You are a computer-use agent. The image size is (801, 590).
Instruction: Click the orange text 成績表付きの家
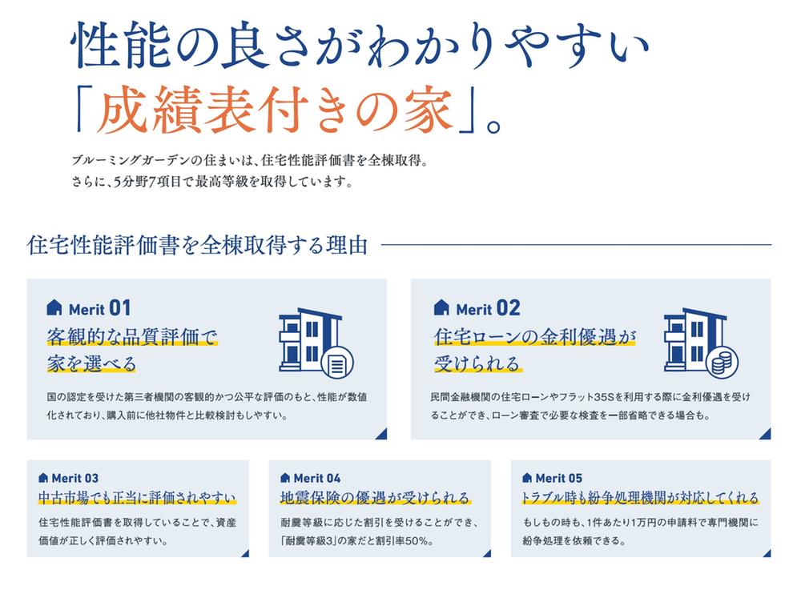(276, 109)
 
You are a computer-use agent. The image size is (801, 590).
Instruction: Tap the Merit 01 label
(99, 308)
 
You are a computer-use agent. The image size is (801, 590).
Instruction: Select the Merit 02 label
(488, 308)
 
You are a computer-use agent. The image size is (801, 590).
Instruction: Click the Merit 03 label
(75, 478)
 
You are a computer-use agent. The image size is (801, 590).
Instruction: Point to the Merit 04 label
(317, 478)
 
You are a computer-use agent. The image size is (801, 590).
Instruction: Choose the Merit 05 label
(559, 478)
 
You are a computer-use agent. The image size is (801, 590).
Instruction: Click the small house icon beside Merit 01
(54, 307)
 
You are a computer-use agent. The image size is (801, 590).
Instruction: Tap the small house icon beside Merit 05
(527, 478)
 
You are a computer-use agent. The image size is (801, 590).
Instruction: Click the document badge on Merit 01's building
(338, 362)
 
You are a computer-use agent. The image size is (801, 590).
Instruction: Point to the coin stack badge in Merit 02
(722, 362)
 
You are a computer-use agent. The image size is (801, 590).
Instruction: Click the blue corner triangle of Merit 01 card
(382, 435)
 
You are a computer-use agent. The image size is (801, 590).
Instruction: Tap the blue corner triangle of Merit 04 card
(487, 553)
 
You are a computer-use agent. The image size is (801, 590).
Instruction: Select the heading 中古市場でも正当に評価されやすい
(137, 498)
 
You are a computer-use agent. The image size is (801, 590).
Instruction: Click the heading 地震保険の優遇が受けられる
(375, 498)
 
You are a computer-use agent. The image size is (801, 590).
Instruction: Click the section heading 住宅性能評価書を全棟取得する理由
(197, 245)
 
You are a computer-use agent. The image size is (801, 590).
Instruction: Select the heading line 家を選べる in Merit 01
(91, 363)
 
